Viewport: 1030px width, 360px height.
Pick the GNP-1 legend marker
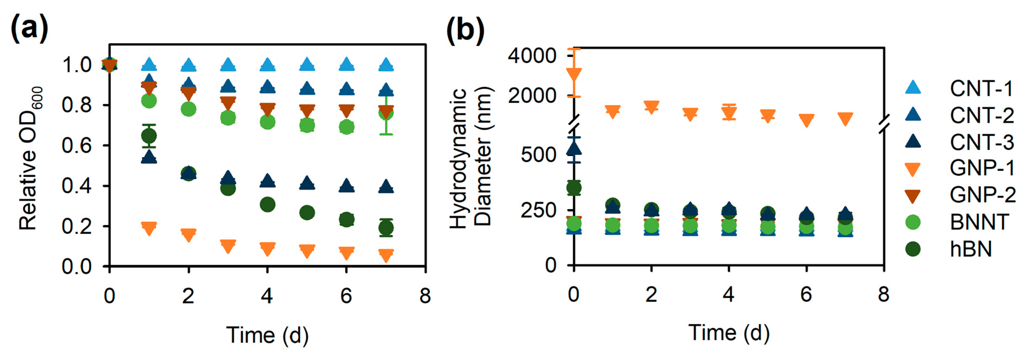pos(913,169)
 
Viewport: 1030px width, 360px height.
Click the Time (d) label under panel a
pos(267,335)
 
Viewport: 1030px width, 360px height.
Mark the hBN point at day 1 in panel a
pos(149,136)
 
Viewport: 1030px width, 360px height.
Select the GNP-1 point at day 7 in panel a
pos(386,255)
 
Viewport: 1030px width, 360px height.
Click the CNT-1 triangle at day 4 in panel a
pos(267,64)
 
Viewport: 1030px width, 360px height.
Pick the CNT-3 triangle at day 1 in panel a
pos(149,157)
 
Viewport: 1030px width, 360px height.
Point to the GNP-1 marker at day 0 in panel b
pos(574,75)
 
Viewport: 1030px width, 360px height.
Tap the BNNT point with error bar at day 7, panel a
pos(386,113)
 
